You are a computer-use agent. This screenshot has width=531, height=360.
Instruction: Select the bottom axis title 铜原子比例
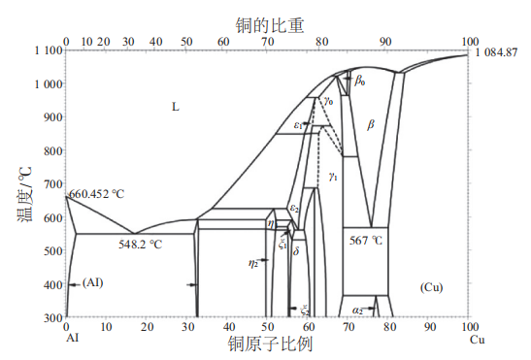click(268, 346)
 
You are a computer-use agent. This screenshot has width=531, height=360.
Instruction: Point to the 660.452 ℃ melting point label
click(97, 194)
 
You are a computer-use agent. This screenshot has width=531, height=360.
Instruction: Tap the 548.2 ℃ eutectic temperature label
click(140, 245)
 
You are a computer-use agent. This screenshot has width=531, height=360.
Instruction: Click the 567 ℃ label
click(366, 239)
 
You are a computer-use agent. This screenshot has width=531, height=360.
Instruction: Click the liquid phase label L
click(176, 106)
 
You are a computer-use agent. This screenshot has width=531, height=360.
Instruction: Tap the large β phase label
click(370, 124)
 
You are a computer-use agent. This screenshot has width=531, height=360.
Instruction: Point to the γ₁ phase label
click(333, 176)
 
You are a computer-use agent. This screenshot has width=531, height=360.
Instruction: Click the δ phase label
click(296, 250)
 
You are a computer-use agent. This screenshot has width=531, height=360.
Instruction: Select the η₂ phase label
click(253, 262)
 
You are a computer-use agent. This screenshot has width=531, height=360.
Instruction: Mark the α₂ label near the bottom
click(358, 311)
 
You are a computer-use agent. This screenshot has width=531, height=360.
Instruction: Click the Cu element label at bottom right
click(476, 340)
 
